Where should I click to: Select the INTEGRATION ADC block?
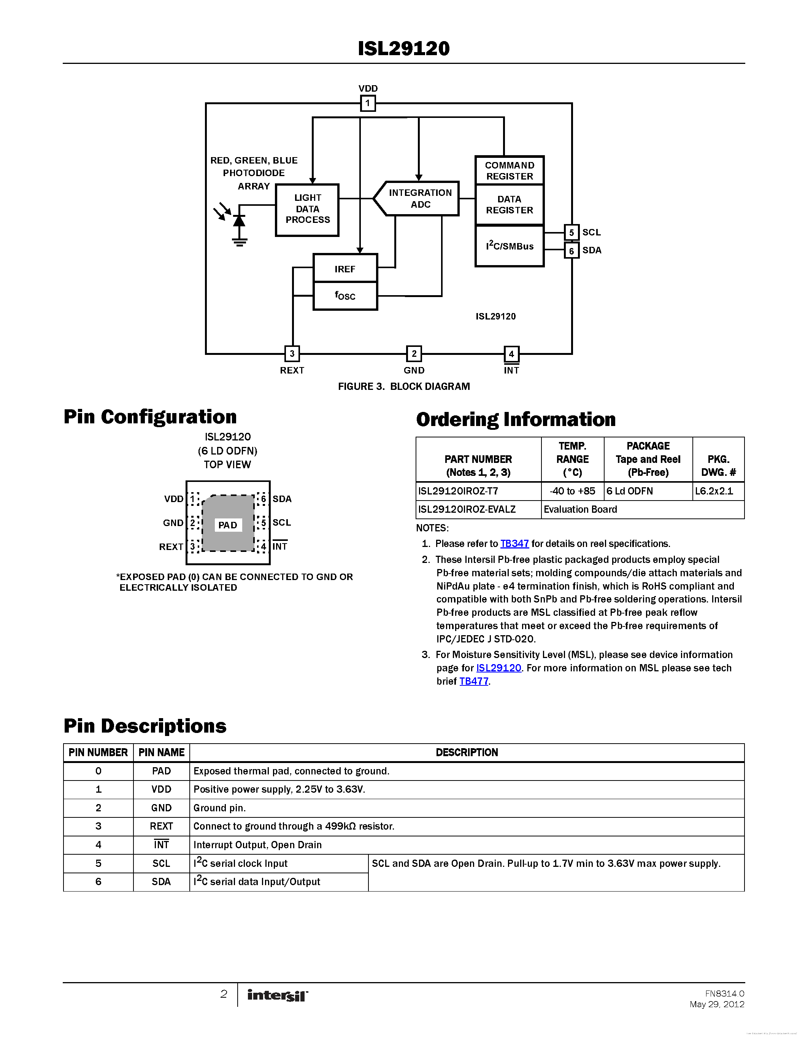pyautogui.click(x=419, y=198)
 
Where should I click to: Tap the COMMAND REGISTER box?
pyautogui.click(x=509, y=170)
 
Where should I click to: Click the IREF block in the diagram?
pyautogui.click(x=344, y=269)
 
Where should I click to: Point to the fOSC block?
pyautogui.click(x=344, y=296)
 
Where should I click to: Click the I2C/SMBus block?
pyautogui.click(x=509, y=246)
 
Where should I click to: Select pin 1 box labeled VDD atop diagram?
pyautogui.click(x=368, y=103)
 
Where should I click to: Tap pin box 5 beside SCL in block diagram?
pyautogui.click(x=571, y=232)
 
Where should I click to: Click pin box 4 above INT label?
pyautogui.click(x=511, y=354)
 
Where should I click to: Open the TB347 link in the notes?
pyautogui.click(x=514, y=544)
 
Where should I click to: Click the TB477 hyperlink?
pyautogui.click(x=473, y=681)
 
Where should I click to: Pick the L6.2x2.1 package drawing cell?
pyautogui.click(x=718, y=491)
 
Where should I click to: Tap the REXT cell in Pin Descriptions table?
pyautogui.click(x=161, y=826)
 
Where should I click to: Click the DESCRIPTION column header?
pyautogui.click(x=466, y=752)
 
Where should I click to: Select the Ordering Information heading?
pyautogui.click(x=516, y=420)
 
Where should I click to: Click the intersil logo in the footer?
pyautogui.click(x=277, y=995)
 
